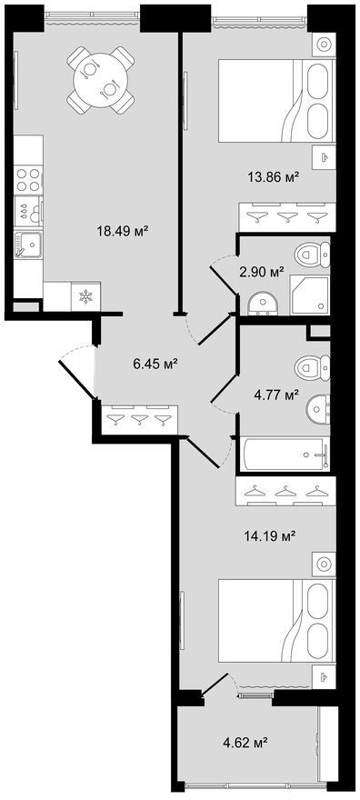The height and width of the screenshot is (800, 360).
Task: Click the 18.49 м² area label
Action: click(123, 231)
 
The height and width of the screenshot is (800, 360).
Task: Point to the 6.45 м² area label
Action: click(155, 364)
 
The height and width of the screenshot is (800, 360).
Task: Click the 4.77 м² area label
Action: click(275, 395)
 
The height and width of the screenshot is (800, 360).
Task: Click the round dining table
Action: click(100, 80)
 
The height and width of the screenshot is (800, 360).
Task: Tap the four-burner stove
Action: click(28, 180)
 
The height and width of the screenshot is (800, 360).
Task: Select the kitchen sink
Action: click(27, 246)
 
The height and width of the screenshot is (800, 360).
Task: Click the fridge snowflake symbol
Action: click(85, 296)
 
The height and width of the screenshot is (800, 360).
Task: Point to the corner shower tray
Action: click(310, 295)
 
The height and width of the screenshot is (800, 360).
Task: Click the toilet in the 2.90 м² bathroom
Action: click(313, 252)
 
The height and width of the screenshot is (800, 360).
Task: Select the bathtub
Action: click(285, 454)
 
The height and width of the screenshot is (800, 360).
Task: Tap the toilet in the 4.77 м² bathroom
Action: click(312, 365)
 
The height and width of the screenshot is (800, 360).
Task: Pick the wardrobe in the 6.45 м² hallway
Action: click(139, 419)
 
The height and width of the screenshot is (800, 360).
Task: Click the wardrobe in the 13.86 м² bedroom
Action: click(287, 216)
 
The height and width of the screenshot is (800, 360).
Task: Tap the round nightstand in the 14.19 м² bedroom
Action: click(323, 564)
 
